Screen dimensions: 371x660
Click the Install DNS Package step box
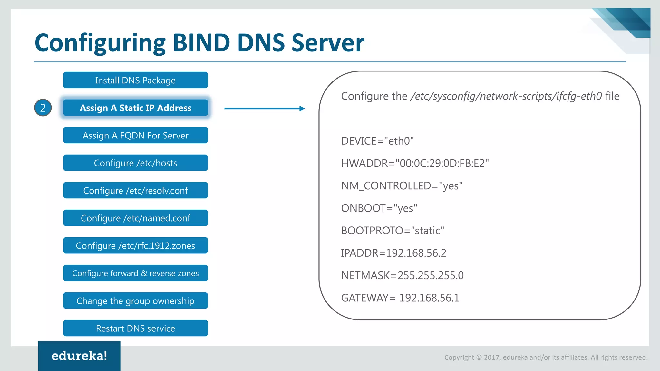135,80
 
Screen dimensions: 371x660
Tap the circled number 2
43,108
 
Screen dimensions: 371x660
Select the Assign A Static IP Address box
135,108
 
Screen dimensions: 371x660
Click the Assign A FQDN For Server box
135,135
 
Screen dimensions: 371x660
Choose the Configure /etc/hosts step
135,163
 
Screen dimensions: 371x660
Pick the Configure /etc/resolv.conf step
135,190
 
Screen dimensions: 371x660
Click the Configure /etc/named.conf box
135,218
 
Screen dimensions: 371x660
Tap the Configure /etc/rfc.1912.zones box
135,246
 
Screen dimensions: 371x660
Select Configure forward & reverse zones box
135,273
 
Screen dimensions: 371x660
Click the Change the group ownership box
135,301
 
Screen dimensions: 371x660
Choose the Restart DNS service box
135,328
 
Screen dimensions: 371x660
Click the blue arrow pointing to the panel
264,109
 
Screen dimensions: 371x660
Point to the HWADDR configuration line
415,163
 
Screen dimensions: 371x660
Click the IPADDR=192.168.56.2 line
393,253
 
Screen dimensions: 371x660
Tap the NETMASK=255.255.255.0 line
402,275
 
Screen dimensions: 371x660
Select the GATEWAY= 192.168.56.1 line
400,298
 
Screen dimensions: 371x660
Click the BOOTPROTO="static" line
393,231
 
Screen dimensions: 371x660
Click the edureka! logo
79,356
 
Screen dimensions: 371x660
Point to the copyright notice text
546,357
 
